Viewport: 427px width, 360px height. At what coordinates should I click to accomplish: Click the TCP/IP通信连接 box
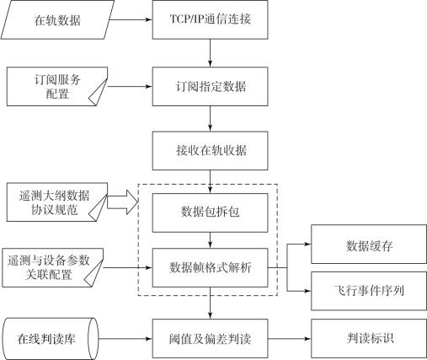[210, 19]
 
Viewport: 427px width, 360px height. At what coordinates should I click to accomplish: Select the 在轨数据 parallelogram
[57, 19]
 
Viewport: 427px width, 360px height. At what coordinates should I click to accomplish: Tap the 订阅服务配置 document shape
[57, 86]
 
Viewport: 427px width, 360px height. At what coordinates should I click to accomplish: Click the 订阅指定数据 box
[210, 86]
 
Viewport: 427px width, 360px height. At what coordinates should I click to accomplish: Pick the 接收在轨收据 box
[210, 151]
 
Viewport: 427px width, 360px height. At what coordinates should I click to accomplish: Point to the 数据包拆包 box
[210, 212]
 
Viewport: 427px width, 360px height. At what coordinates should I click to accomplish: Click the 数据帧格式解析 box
[210, 267]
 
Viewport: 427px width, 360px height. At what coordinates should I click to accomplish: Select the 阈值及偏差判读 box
[210, 339]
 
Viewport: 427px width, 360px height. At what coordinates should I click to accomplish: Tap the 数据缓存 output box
[369, 244]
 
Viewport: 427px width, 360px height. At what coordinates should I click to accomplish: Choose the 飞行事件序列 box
[369, 291]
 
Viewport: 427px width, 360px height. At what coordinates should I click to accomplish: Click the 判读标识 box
[369, 339]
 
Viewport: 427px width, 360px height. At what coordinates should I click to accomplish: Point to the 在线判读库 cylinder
[51, 339]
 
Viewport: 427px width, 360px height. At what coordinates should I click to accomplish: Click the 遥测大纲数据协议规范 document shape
[57, 202]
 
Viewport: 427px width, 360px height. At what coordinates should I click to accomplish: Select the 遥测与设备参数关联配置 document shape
[53, 267]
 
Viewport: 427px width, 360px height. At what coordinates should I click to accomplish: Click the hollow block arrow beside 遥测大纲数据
[123, 202]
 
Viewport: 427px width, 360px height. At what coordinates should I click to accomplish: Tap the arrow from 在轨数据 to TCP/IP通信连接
[131, 19]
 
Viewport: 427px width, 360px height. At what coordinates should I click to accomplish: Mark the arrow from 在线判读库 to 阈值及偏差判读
[125, 339]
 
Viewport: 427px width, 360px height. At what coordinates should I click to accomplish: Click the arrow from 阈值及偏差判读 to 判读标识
[290, 339]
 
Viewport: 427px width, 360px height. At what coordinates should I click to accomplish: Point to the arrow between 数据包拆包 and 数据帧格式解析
[210, 240]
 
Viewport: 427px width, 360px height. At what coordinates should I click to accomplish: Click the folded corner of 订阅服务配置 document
[99, 92]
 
